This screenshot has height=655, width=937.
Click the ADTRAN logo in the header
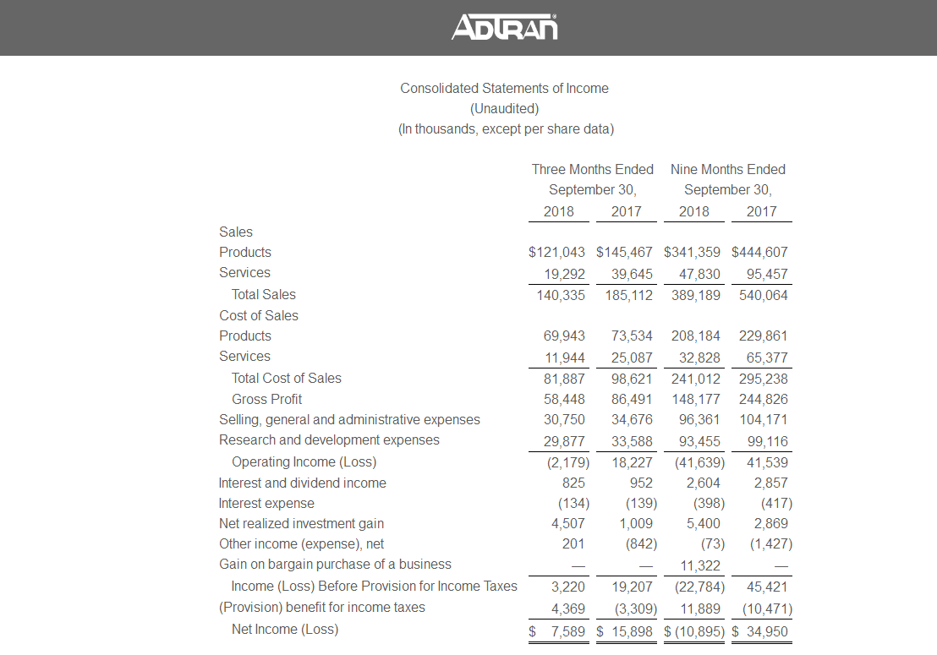point(505,27)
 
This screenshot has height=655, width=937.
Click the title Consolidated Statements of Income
point(504,88)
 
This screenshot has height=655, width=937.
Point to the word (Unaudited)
point(504,108)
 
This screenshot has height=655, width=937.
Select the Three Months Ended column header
point(592,169)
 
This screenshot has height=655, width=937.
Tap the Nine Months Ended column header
point(727,169)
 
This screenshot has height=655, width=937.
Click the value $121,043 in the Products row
point(556,252)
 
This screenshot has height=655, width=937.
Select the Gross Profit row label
point(266,399)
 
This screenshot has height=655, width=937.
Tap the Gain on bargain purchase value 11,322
point(699,564)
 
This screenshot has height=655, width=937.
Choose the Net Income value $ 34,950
point(759,630)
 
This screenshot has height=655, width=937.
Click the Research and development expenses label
point(329,439)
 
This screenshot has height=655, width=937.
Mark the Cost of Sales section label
point(259,315)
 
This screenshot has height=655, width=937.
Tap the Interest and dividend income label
point(302,483)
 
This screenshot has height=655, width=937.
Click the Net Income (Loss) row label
point(284,629)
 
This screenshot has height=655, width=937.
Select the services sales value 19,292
point(563,273)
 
